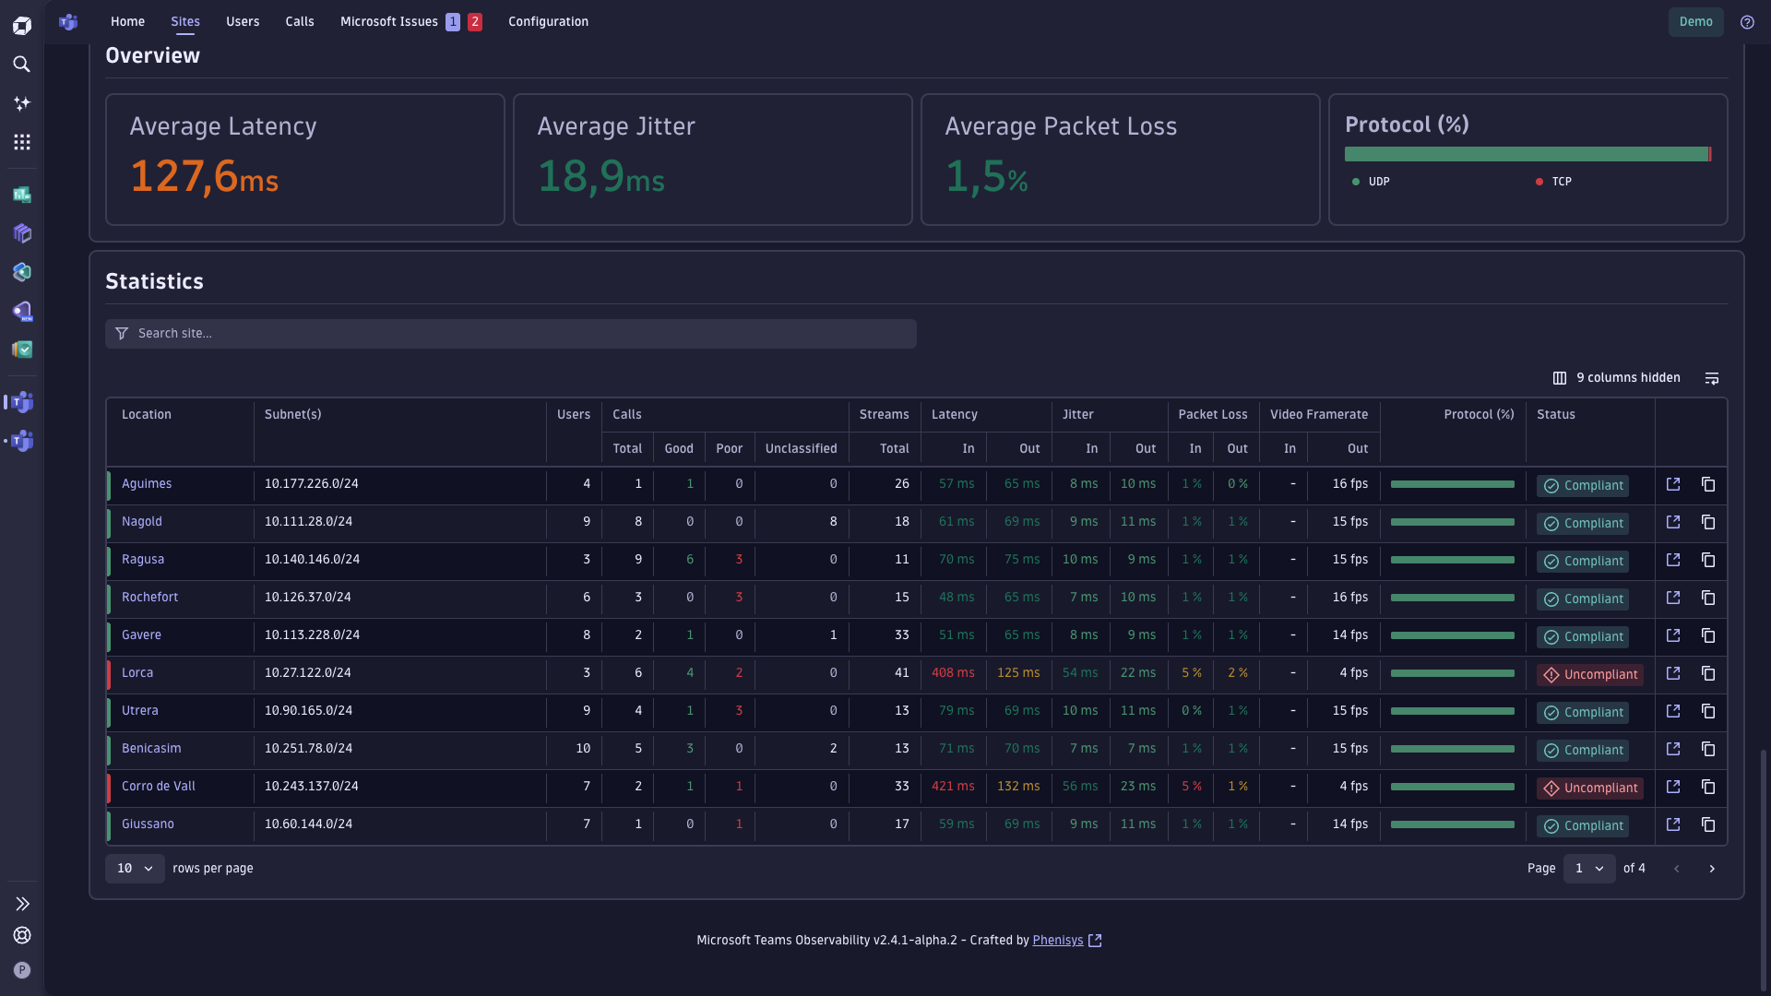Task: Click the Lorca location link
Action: coord(137,673)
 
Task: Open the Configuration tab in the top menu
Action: coord(548,21)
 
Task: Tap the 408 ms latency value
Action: coord(953,673)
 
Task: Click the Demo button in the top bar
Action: coord(1695,21)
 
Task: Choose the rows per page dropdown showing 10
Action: coord(135,869)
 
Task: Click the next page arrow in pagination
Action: coord(1712,869)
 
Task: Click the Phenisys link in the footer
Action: coord(1058,941)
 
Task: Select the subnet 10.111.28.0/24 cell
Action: coord(308,522)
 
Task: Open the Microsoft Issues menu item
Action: coord(389,21)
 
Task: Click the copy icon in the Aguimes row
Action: coord(1708,484)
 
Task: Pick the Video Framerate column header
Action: coord(1319,415)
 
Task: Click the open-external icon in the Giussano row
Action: coord(1673,824)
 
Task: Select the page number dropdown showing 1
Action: coord(1588,869)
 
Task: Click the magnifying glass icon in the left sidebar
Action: coord(22,65)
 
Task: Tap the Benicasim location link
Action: coord(151,749)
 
